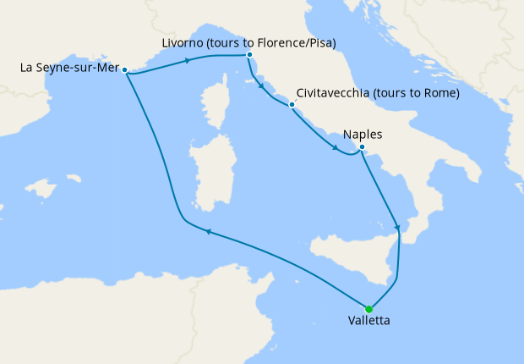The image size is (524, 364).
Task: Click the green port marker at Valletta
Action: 368,309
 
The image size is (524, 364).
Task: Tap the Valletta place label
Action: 369,322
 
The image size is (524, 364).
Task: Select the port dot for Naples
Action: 362,148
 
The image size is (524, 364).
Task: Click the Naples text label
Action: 363,135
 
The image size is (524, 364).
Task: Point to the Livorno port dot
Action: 249,55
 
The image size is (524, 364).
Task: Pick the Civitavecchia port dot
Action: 292,106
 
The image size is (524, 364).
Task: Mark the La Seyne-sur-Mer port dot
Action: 124,70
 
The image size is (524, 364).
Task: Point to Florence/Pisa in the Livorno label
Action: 287,41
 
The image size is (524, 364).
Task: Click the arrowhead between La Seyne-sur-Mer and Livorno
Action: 187,60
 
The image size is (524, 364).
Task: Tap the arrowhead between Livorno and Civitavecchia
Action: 262,87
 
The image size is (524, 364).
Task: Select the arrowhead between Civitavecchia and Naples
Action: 336,152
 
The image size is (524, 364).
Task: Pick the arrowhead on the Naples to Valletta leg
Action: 398,227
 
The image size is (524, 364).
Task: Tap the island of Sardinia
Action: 206,179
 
